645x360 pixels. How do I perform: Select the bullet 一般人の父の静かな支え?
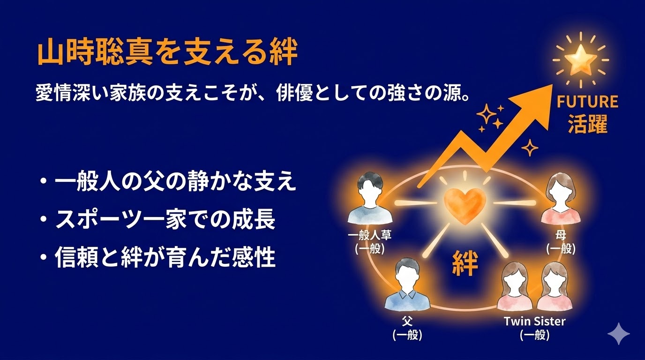click(x=175, y=182)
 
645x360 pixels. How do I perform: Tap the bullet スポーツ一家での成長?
click(x=165, y=220)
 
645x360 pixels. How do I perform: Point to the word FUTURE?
click(x=587, y=102)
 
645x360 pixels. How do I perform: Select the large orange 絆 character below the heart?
click(x=465, y=263)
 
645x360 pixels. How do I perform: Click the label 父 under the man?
click(x=407, y=322)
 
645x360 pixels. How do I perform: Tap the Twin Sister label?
click(x=534, y=322)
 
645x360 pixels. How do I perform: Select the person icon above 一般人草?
click(x=370, y=200)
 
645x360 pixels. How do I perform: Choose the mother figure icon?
click(x=561, y=200)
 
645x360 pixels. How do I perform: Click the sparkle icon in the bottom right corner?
click(x=618, y=333)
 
